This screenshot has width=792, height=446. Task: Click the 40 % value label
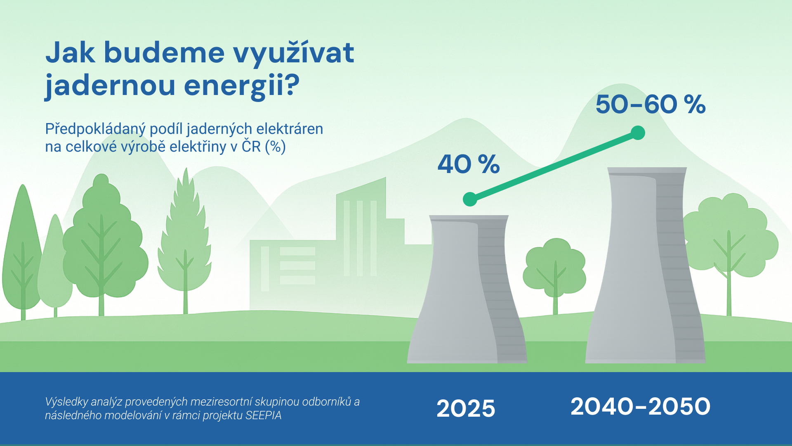[x=469, y=164]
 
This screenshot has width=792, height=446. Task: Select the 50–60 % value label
[x=651, y=104]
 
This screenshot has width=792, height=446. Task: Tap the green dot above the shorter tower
[x=470, y=199]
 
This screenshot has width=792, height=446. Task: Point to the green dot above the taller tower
[x=638, y=133]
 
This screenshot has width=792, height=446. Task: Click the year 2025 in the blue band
[x=466, y=408]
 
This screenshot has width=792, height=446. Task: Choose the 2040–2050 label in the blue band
[x=641, y=406]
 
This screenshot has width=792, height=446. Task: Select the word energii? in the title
[x=242, y=86]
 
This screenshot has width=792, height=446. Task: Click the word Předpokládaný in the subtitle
[x=95, y=129]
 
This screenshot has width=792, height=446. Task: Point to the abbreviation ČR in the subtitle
[x=251, y=147]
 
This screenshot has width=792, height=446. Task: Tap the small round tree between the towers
[x=555, y=273]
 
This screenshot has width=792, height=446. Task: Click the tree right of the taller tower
[x=729, y=248]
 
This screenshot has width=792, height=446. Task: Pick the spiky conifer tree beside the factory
[x=185, y=240]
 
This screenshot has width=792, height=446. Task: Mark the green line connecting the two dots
[x=554, y=166]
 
